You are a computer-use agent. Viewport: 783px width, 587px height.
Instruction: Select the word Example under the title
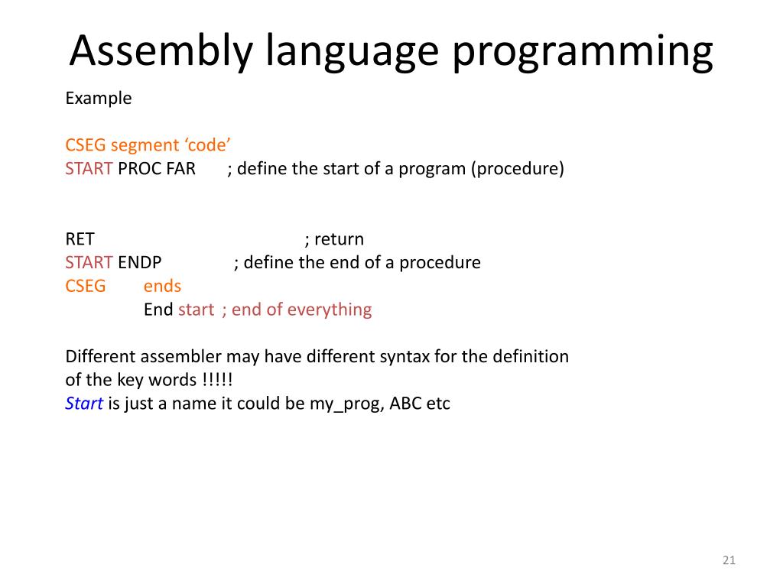(98, 99)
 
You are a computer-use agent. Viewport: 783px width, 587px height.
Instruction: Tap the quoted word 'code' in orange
(206, 145)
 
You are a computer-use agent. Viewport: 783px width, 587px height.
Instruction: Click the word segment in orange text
(143, 145)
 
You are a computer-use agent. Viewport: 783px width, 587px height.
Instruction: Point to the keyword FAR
(181, 169)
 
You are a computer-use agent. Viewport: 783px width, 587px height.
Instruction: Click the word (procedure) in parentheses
(518, 169)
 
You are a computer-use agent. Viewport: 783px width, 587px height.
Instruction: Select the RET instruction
(80, 239)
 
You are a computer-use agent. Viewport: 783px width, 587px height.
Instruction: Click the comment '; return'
(334, 239)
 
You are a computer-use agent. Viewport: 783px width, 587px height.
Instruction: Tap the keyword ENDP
(139, 263)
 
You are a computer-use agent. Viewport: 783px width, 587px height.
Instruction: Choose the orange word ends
(162, 287)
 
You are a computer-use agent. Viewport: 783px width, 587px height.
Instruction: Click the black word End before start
(158, 310)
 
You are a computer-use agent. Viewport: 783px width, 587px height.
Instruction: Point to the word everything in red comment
(330, 310)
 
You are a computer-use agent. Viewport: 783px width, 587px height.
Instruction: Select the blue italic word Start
(84, 404)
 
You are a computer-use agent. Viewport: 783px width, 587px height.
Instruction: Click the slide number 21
(728, 561)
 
